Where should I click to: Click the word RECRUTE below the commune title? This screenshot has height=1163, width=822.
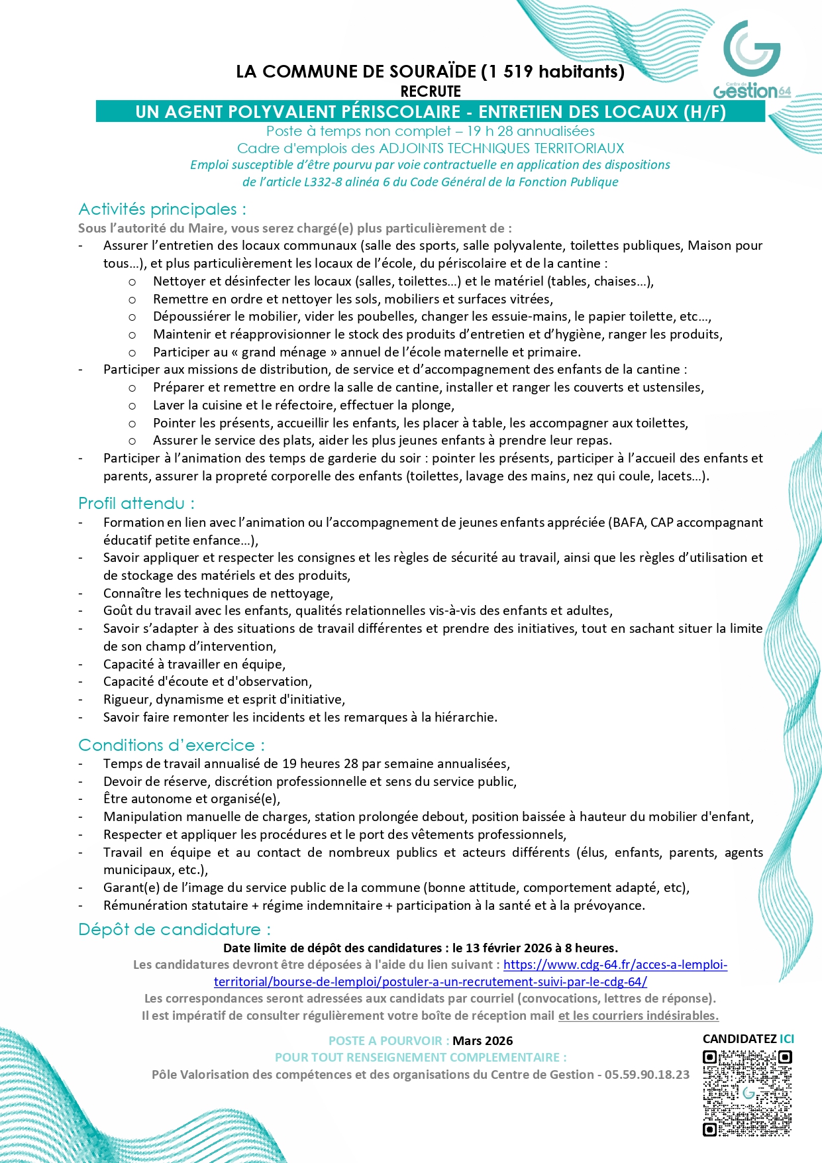pos(431,91)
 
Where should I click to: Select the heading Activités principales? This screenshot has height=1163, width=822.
pos(162,209)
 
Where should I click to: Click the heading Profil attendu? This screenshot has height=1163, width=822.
pos(136,504)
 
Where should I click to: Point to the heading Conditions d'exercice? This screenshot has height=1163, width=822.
pos(171,746)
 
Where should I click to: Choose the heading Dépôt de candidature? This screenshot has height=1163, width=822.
pos(174,930)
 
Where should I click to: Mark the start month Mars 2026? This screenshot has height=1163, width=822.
pos(482,1041)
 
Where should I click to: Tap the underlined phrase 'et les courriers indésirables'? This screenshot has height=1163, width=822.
pos(638,1016)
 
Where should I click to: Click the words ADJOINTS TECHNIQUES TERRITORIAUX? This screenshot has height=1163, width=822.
pos(501,148)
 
